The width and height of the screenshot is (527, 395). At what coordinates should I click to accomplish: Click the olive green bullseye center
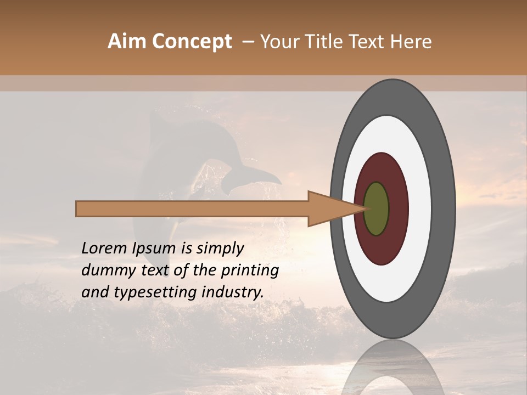coord(377,208)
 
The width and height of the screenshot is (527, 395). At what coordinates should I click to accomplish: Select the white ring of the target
coord(420,208)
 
